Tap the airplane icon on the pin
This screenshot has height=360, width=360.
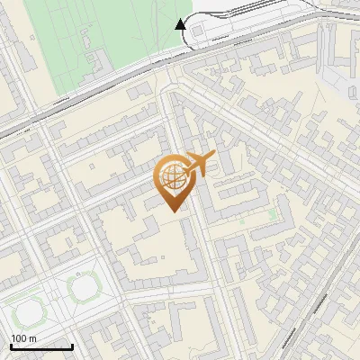[x=198, y=164]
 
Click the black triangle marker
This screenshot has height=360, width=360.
[x=181, y=24]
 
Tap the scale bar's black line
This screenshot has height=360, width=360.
[x=41, y=346]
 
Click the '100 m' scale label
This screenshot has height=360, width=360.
[x=24, y=338]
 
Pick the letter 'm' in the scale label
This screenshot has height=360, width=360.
[x=33, y=338]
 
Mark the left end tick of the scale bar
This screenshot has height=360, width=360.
[x=11, y=345]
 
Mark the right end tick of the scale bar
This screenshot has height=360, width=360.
[x=72, y=345]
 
